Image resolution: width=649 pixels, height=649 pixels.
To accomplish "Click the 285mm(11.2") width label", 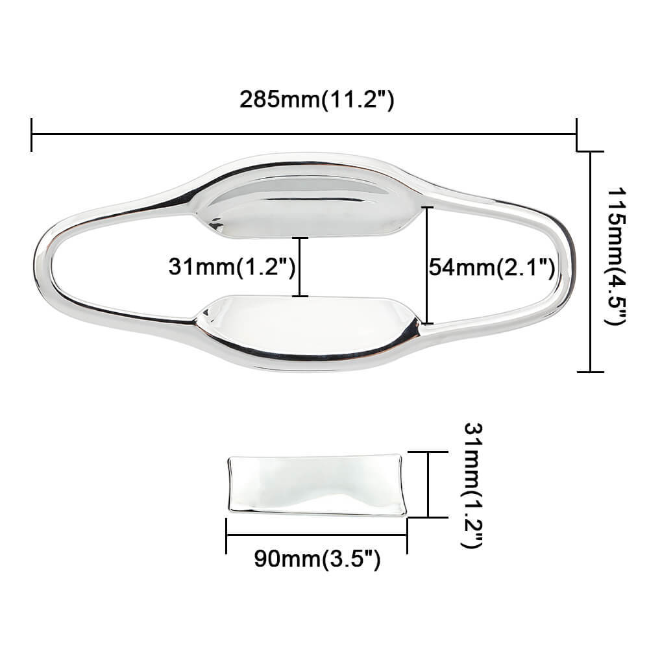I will click(x=317, y=100).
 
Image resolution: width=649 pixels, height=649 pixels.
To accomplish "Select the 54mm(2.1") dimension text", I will click(x=491, y=267).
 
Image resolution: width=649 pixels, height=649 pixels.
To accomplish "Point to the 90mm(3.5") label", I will click(x=317, y=559).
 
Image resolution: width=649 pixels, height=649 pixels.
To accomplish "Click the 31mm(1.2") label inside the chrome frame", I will click(x=232, y=267).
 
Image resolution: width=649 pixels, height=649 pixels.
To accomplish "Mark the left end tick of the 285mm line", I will click(x=31, y=134).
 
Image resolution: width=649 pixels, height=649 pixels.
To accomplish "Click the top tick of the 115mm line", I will click(x=590, y=152).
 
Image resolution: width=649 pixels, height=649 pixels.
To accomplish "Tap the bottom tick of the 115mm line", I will click(x=590, y=372).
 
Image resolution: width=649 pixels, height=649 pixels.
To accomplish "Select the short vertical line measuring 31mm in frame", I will click(x=299, y=267).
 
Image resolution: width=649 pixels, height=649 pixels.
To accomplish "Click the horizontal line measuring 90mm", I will click(x=317, y=535).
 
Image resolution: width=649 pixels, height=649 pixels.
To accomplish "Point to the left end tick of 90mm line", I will click(x=226, y=535).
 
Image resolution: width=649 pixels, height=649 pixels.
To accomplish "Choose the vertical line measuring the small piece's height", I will click(x=429, y=484).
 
